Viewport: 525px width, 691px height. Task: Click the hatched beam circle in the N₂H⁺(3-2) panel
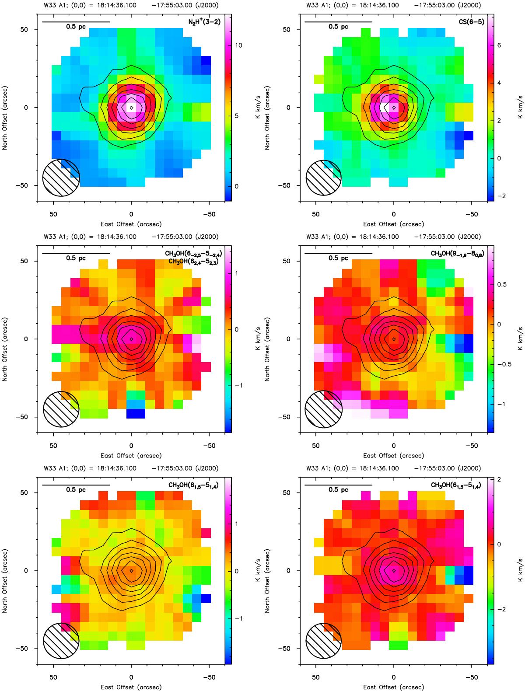coord(61,178)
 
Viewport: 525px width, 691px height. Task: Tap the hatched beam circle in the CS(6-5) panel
coord(324,178)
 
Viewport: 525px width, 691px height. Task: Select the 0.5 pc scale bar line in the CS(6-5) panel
coord(338,21)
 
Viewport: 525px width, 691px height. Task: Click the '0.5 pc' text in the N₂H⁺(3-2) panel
coord(76,27)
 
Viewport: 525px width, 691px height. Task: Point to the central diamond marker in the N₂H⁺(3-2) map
coord(131,107)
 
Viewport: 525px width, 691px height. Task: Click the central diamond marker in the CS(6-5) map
coord(394,107)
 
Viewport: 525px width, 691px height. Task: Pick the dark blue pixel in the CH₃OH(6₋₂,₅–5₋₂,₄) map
coord(131,413)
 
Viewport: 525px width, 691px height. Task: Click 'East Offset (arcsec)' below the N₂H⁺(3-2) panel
coord(131,224)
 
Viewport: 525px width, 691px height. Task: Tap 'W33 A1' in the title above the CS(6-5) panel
coord(318,5)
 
